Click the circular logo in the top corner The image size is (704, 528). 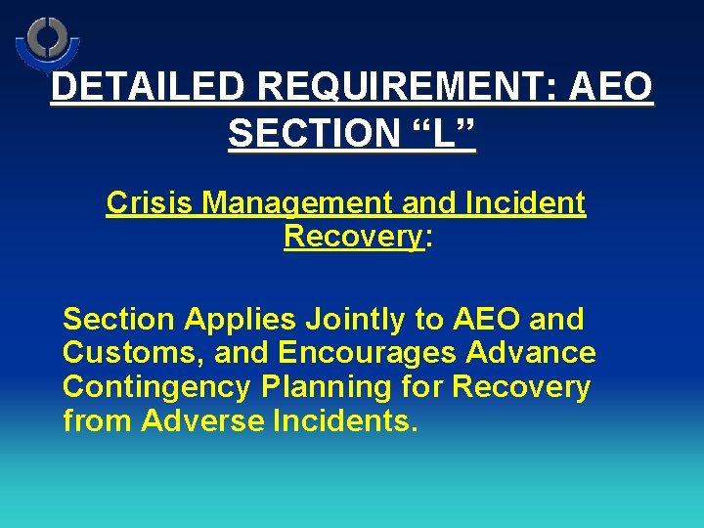[x=47, y=41]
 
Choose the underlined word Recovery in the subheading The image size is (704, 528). [x=353, y=238]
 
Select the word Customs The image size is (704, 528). [x=122, y=353]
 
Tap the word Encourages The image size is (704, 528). [x=357, y=353]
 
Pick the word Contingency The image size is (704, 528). [x=157, y=387]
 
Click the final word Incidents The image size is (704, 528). [x=337, y=421]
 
